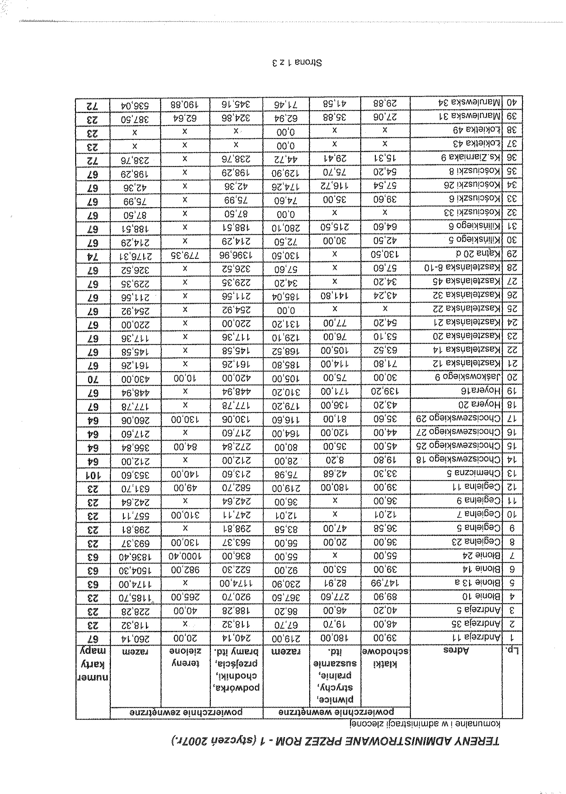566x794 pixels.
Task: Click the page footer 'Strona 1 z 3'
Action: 297,63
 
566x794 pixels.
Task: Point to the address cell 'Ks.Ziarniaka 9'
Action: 469,158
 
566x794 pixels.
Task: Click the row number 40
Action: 512,102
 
